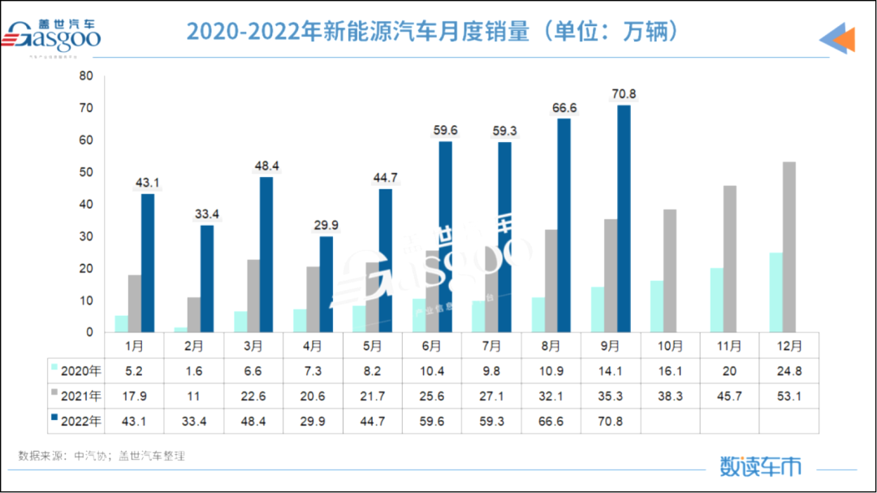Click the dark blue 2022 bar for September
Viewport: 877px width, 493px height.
[x=624, y=219]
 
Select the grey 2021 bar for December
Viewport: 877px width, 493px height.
[x=788, y=247]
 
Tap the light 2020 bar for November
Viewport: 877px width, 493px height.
[x=716, y=300]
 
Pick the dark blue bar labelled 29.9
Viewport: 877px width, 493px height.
[x=326, y=284]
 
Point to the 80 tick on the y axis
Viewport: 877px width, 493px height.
[x=86, y=76]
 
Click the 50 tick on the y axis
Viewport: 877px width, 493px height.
[x=86, y=172]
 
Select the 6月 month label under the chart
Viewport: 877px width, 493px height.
[x=432, y=346]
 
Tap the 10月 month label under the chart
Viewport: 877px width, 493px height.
[x=670, y=346]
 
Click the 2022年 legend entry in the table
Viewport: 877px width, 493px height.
[x=79, y=421]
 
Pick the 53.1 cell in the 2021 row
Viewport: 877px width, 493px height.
[x=788, y=396]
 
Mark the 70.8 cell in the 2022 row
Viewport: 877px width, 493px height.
[x=611, y=421]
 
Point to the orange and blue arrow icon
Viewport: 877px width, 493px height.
[x=836, y=38]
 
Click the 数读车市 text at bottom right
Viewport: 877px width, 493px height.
[x=760, y=466]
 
